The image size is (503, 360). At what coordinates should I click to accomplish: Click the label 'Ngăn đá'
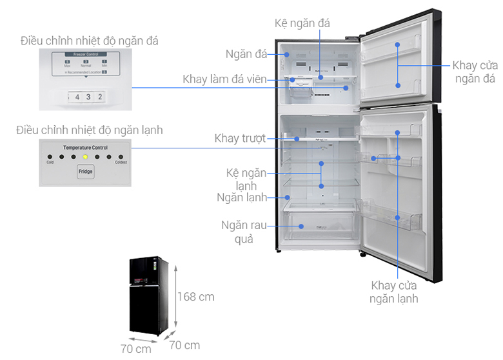pos(248,54)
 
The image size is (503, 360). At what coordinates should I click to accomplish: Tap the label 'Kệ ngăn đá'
pos(302,23)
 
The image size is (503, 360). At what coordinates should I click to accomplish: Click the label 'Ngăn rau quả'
pos(241,232)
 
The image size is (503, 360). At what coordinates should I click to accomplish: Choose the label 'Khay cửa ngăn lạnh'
pos(393,292)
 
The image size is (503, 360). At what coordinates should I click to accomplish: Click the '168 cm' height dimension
pos(195,297)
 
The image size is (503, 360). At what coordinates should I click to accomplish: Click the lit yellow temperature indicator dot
pos(85,156)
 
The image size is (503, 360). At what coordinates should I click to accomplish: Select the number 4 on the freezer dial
pos(77,97)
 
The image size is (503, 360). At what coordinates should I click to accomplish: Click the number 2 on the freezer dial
pos(100,97)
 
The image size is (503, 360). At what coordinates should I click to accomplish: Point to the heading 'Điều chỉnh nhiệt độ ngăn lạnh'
pos(90,130)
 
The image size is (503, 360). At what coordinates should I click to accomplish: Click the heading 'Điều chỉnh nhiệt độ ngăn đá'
pos(88,41)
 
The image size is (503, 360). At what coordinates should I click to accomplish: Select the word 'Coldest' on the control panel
pos(121,163)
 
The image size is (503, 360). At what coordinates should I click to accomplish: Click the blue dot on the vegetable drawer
pos(301,226)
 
